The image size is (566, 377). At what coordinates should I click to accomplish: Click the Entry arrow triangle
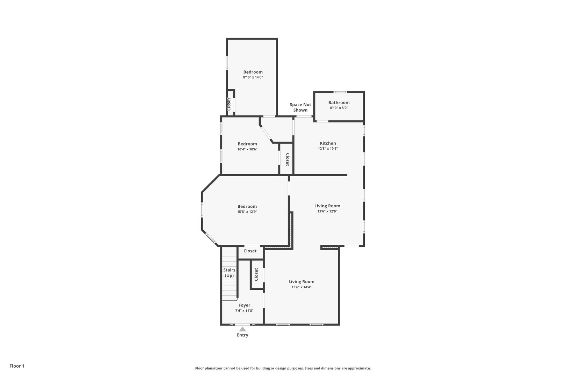click(x=242, y=329)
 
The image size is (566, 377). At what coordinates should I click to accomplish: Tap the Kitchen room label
click(x=328, y=143)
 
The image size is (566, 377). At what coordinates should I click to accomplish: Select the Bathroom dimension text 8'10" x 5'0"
click(x=339, y=108)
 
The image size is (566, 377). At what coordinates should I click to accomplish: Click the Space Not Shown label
click(x=300, y=107)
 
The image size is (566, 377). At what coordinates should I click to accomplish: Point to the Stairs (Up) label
click(x=229, y=273)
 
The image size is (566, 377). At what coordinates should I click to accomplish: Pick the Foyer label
click(x=244, y=305)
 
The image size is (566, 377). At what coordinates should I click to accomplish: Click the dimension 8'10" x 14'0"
click(x=253, y=77)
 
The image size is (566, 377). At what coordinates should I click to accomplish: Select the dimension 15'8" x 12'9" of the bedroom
click(x=247, y=212)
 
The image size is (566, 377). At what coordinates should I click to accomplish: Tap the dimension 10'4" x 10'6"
click(x=247, y=149)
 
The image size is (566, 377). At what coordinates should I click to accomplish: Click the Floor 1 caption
click(x=17, y=366)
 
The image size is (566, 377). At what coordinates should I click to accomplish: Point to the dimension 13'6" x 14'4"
click(x=302, y=287)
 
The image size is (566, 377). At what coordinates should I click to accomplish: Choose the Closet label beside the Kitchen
click(x=287, y=160)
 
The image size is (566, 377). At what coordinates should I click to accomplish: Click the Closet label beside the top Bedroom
click(x=229, y=104)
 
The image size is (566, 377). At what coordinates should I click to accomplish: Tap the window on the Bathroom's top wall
click(x=340, y=92)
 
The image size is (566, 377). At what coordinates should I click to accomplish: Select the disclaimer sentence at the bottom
click(x=283, y=368)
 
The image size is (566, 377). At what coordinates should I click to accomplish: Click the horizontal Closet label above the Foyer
click(x=250, y=251)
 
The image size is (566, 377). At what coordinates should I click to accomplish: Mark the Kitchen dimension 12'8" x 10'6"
click(x=328, y=149)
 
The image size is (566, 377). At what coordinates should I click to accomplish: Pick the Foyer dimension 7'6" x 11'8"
click(x=244, y=311)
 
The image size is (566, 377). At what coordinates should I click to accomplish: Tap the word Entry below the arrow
click(x=242, y=335)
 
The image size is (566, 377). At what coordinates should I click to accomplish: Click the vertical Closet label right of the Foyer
click(x=256, y=274)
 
